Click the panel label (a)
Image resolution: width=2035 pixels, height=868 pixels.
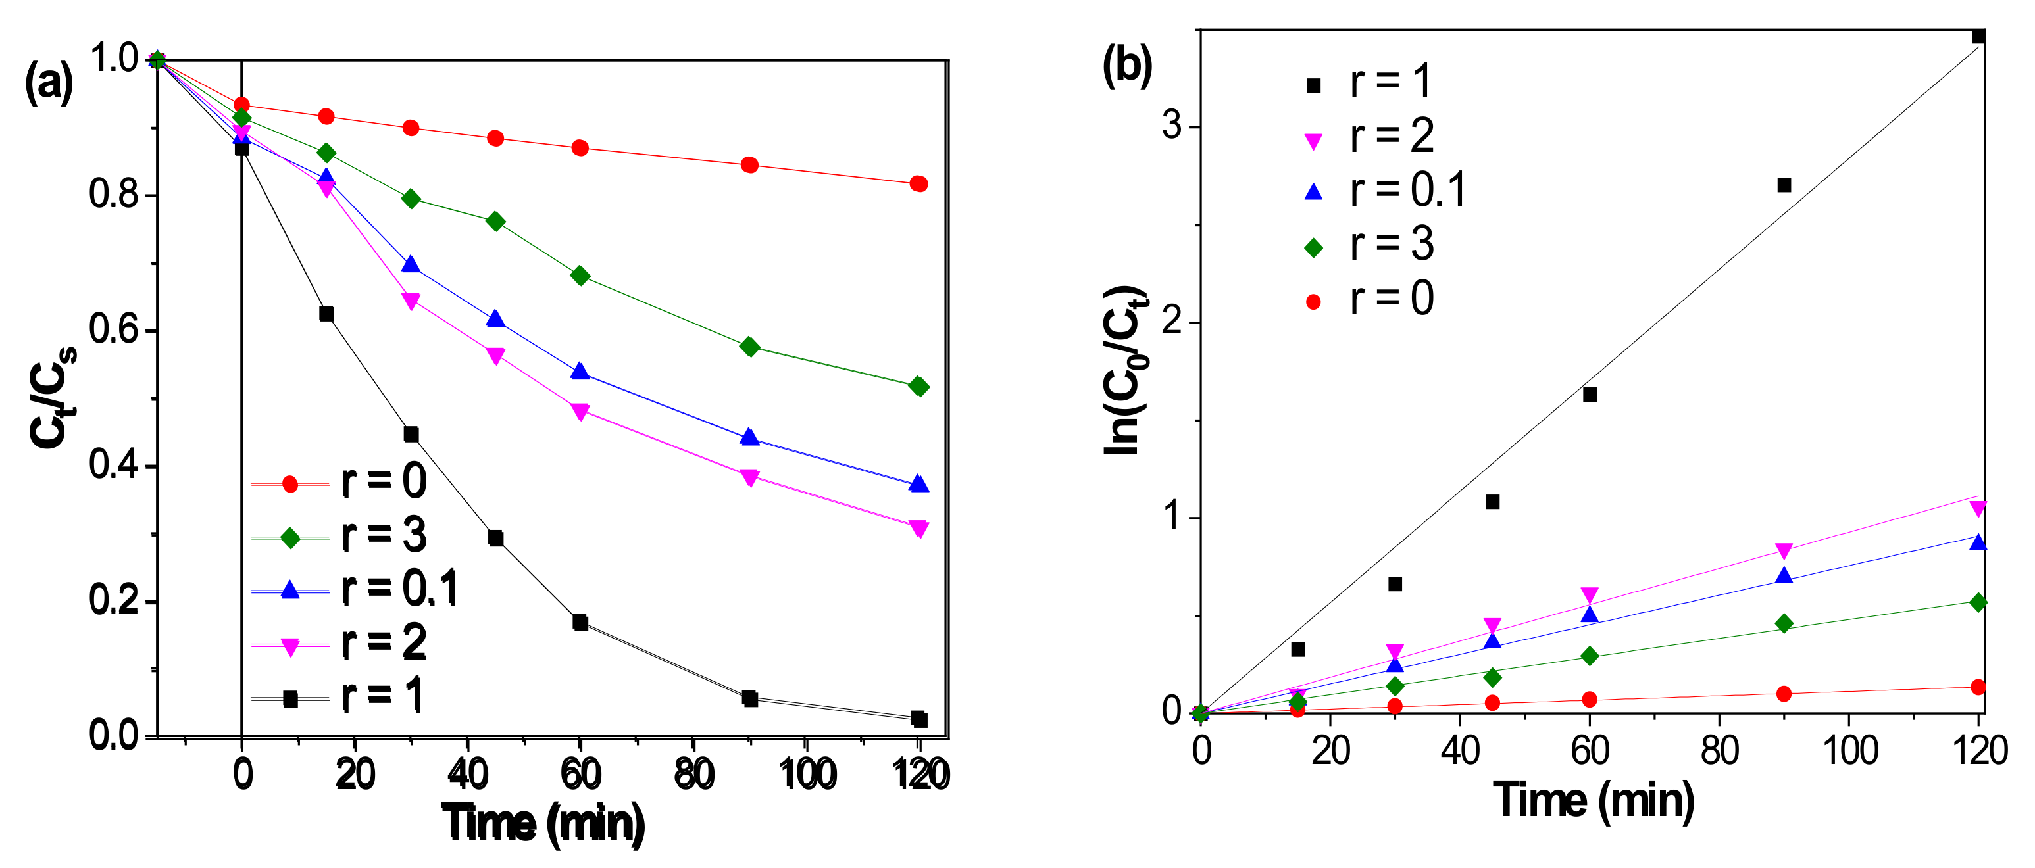(49, 82)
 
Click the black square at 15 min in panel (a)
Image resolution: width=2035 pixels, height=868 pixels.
(326, 314)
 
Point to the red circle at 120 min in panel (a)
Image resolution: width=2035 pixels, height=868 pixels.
(918, 184)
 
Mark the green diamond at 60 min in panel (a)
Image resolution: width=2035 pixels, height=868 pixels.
(580, 276)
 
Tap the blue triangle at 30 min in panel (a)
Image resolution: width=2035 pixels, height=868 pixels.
(411, 264)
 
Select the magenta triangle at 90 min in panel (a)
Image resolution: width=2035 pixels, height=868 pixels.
(749, 477)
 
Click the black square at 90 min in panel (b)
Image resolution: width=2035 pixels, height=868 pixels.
(1784, 185)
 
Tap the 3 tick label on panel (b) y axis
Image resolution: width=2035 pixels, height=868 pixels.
(1172, 126)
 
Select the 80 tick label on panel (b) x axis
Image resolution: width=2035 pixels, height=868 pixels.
(1719, 750)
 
